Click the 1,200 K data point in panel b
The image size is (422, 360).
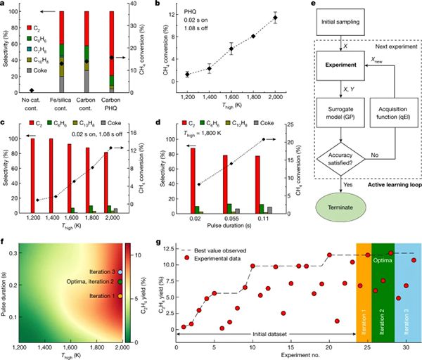tap(187, 74)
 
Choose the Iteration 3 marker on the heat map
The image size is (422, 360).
tap(120, 271)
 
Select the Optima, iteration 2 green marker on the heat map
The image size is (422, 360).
tap(120, 281)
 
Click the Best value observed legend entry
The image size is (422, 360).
tap(217, 250)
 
